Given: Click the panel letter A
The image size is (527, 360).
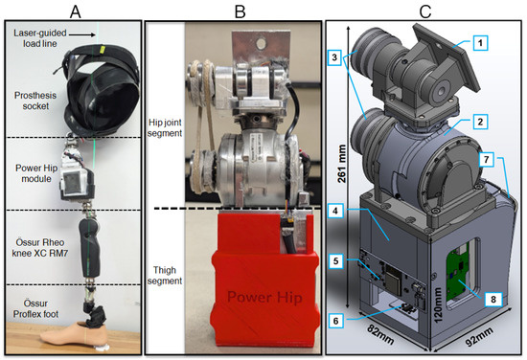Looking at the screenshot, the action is [76, 11].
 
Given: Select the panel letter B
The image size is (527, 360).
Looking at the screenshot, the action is [240, 11].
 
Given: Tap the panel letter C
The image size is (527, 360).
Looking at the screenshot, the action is [425, 11].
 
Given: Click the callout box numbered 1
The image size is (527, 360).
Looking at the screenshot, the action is [480, 43].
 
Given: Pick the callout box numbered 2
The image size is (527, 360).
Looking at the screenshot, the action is [480, 122].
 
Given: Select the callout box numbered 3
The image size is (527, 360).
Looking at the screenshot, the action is [334, 57].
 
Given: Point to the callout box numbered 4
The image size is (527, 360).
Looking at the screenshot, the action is [336, 212].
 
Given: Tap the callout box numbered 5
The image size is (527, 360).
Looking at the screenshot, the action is [336, 260].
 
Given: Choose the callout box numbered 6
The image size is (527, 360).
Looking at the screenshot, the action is [336, 321].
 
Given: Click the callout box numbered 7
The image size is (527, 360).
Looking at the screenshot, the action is [487, 160].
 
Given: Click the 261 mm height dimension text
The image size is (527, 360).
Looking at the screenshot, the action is [342, 164].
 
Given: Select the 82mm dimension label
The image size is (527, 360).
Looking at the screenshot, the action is [379, 334].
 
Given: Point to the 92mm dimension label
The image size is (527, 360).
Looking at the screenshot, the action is [479, 337].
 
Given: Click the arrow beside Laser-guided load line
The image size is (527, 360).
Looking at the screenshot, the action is [82, 34].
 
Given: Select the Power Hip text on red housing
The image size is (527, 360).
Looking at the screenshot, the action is [264, 297].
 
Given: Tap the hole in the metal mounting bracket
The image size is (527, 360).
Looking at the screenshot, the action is [261, 43].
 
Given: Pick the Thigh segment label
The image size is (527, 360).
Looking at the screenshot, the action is [165, 276].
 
